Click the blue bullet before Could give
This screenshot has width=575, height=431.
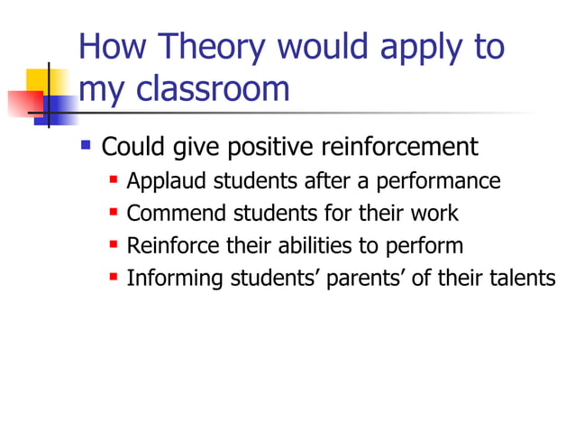click(x=87, y=143)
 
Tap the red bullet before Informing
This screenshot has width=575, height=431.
click(x=114, y=276)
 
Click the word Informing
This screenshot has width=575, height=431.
click(x=174, y=278)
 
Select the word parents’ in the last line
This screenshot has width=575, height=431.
click(x=367, y=278)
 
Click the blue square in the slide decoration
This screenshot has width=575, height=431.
click(x=59, y=107)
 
